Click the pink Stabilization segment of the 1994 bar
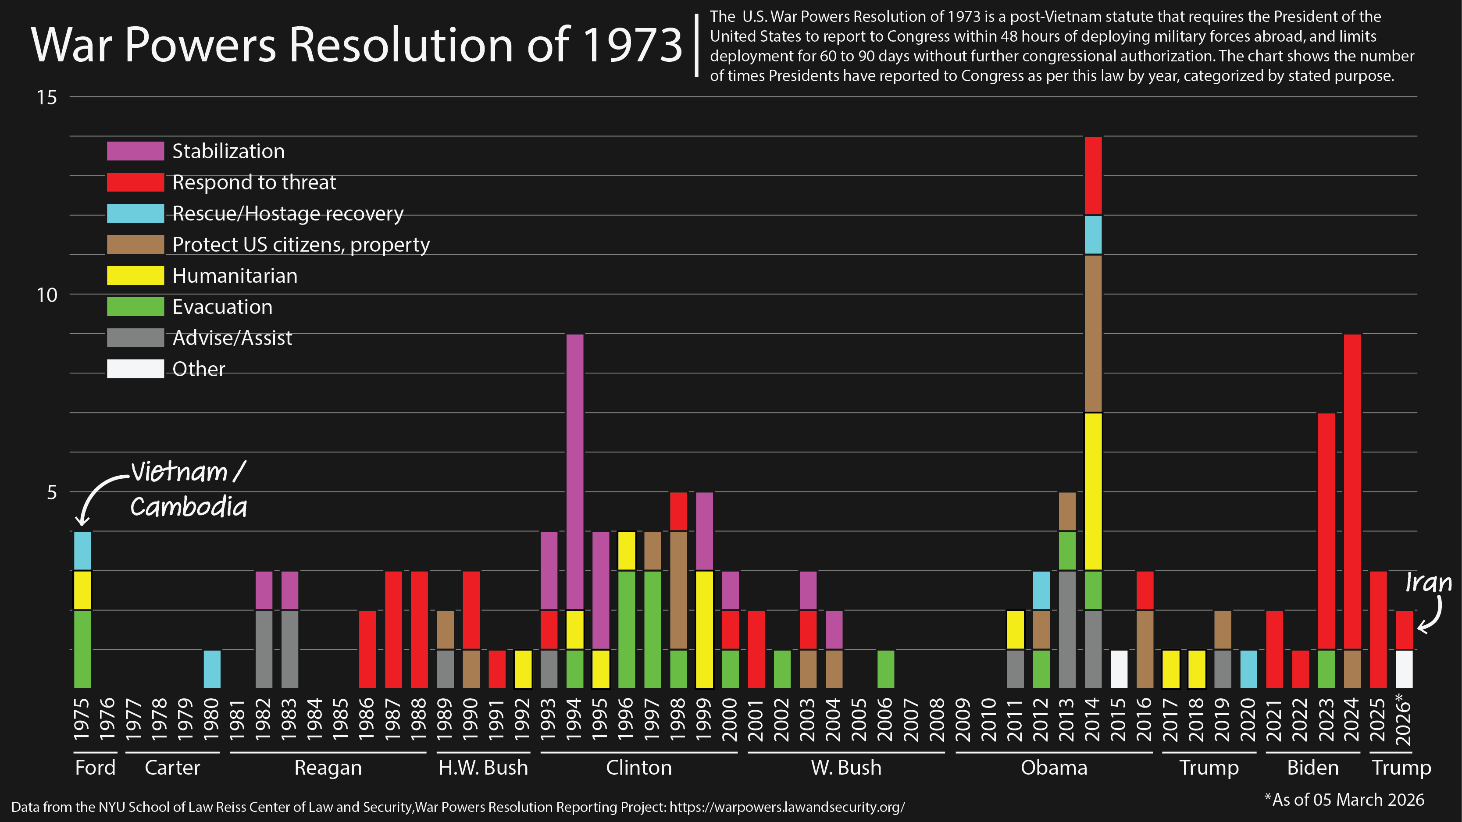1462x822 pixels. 575,471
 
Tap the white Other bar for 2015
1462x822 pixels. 1119,669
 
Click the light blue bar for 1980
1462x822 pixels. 212,669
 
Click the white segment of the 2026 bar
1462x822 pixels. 1404,669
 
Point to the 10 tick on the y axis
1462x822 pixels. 47,295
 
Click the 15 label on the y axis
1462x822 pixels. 47,98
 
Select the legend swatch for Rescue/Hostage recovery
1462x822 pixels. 135,214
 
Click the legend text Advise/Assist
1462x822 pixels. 232,338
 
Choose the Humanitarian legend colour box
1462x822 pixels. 135,276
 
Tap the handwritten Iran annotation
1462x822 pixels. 1428,583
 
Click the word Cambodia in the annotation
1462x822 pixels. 189,507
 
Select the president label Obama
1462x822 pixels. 1054,768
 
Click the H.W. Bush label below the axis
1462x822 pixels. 483,768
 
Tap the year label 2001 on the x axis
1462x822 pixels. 756,719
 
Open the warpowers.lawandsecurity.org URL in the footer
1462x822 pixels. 787,807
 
